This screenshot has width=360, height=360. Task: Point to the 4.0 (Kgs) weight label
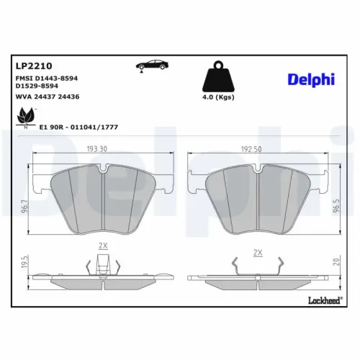click(218, 96)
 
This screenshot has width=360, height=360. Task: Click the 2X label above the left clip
click(102, 246)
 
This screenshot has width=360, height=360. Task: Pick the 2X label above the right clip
click(258, 253)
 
